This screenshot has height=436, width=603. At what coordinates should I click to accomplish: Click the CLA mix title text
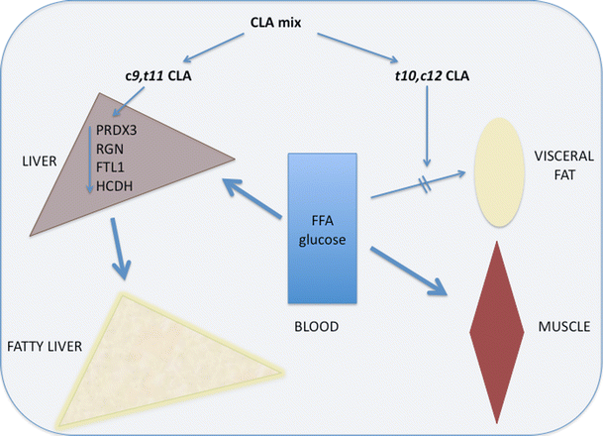point(275,23)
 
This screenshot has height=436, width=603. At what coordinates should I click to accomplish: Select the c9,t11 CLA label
point(158,76)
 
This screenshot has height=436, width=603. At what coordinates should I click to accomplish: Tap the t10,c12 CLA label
point(433,76)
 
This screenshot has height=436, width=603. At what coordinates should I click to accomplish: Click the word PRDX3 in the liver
point(117,131)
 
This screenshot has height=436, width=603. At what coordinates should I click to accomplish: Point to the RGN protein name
point(110,149)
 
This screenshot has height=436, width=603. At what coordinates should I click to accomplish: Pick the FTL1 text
point(110,167)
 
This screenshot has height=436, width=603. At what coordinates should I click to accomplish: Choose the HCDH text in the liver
point(114,186)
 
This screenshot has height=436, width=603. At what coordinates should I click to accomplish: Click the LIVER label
point(40,162)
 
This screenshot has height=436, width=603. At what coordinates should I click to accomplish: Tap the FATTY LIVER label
point(45,347)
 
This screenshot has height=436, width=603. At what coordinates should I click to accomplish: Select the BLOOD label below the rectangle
point(317,327)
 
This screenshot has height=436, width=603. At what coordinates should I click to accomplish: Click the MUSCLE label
point(563,327)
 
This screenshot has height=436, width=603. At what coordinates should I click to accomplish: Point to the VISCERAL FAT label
point(564,165)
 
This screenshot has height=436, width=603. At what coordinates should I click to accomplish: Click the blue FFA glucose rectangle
point(322,228)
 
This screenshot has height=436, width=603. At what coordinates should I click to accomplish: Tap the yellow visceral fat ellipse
point(500,171)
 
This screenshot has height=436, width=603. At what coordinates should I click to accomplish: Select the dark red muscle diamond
point(497,333)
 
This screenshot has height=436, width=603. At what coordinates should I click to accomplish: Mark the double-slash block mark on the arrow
point(426,184)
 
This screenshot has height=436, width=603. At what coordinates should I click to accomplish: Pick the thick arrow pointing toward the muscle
point(409,272)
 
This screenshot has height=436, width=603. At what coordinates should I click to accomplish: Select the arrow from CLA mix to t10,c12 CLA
point(357,48)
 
